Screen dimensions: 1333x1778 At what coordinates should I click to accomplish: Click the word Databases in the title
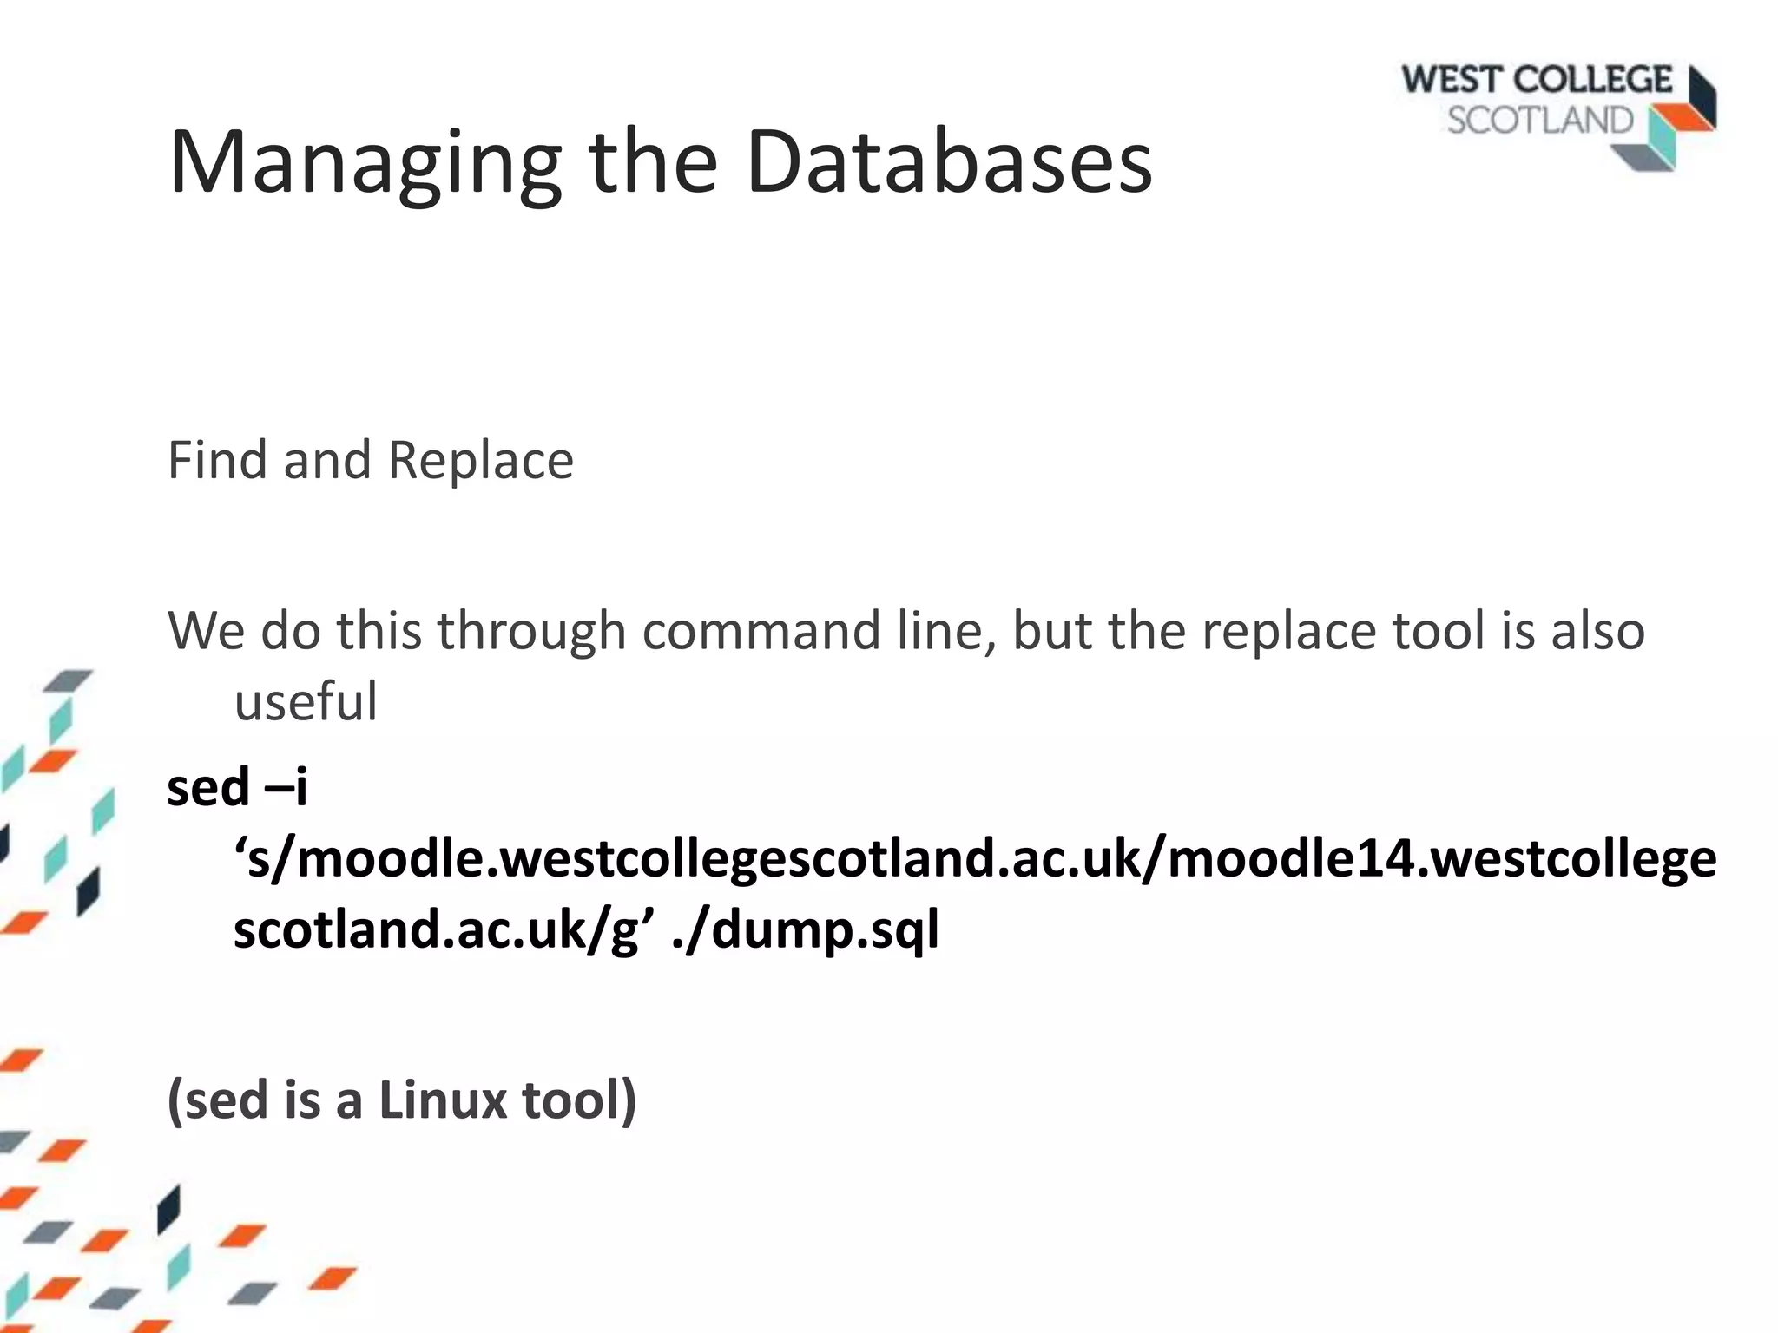coord(948,161)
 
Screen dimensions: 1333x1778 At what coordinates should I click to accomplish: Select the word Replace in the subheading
coord(480,460)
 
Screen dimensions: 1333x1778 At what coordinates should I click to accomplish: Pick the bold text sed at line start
coord(207,787)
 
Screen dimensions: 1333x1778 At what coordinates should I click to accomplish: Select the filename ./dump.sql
coord(805,929)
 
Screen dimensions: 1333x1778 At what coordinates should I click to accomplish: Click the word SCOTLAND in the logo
coord(1540,121)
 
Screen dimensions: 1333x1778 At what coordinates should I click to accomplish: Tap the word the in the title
coord(653,161)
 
